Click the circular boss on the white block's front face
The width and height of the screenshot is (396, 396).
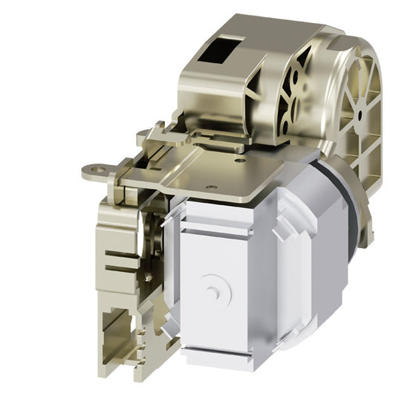click(x=215, y=289)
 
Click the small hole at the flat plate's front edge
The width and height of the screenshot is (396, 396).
click(x=212, y=187)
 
